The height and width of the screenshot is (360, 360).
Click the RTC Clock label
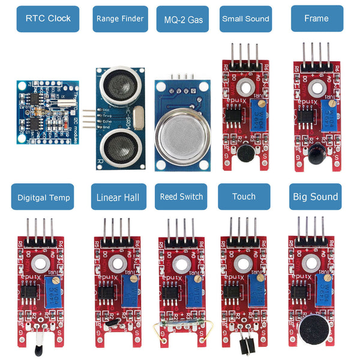click(x=48, y=18)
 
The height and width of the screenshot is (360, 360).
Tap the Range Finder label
click(x=120, y=19)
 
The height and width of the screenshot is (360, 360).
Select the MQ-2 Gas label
click(x=183, y=19)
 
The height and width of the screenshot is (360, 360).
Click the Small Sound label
click(x=245, y=19)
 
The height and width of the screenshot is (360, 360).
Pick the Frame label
click(x=316, y=19)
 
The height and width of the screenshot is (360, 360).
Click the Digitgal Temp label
click(x=44, y=197)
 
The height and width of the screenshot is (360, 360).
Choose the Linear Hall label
click(x=118, y=197)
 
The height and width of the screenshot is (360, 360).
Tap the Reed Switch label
click(x=182, y=196)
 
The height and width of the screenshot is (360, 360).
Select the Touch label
click(x=244, y=196)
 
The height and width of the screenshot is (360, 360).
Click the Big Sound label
click(x=315, y=196)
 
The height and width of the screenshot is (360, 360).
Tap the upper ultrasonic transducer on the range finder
click(x=120, y=85)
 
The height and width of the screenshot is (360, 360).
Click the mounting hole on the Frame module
click(x=316, y=89)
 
